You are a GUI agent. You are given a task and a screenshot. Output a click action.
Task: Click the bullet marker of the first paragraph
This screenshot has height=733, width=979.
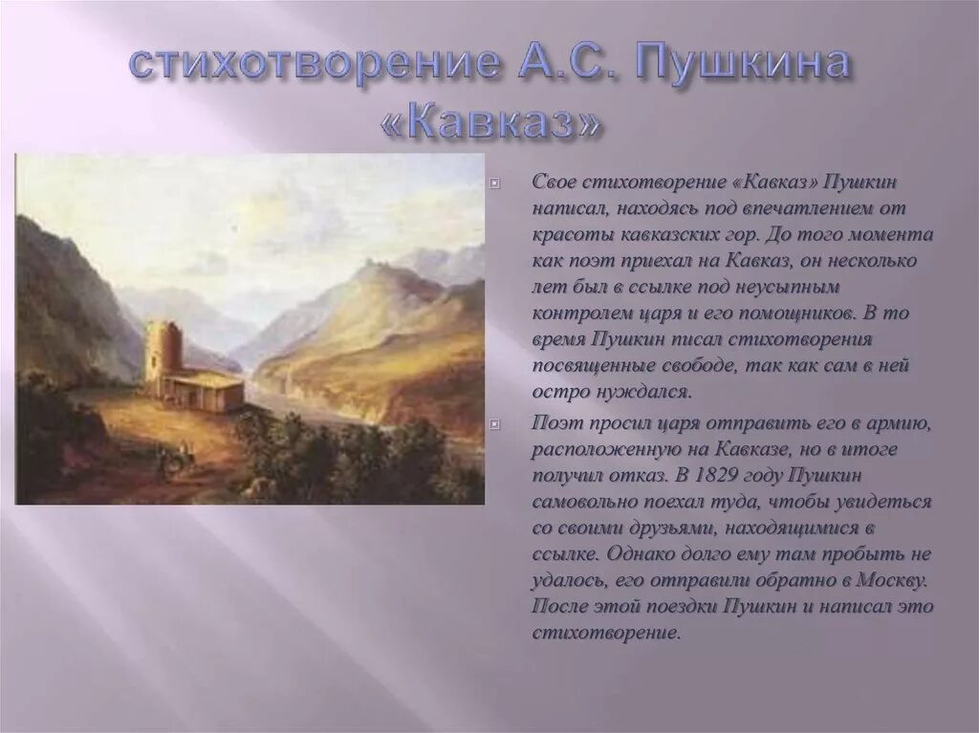click(x=495, y=182)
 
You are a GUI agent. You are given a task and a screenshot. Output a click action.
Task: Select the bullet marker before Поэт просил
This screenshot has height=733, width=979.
click(x=495, y=423)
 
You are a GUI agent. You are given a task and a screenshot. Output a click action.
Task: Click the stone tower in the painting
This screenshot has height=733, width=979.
click(x=163, y=350)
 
